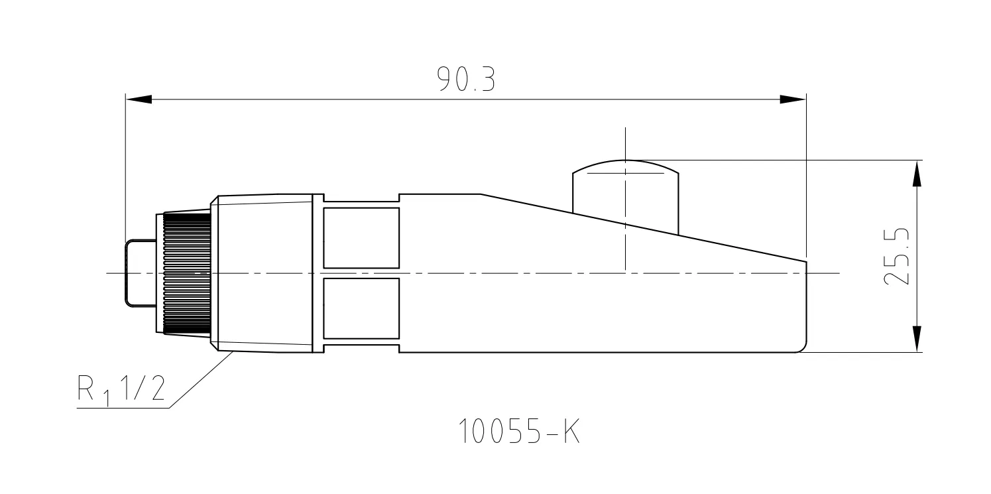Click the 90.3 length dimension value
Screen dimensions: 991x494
[466, 79]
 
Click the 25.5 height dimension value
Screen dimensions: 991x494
[896, 257]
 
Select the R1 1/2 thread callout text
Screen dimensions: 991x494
[121, 389]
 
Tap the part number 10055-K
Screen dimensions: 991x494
[519, 431]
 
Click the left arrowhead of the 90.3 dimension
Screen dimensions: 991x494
[139, 99]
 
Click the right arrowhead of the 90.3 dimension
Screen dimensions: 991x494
[793, 99]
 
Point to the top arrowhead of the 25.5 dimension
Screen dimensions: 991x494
[917, 174]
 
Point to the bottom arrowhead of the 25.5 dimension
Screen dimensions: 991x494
[917, 339]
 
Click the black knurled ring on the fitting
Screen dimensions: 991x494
[187, 273]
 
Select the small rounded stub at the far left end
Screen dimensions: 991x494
[141, 273]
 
